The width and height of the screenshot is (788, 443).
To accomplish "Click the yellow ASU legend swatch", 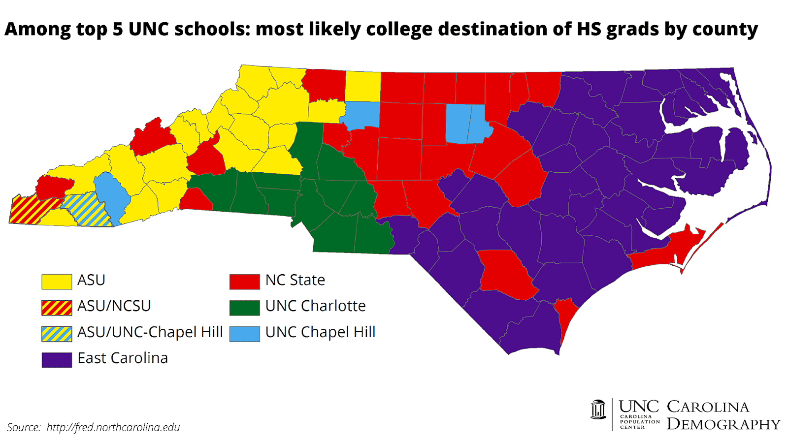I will point(57,282).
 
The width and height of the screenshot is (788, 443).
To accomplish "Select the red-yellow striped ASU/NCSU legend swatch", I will point(57,308).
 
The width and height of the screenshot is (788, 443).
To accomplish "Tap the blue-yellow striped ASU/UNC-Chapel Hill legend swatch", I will point(57,334).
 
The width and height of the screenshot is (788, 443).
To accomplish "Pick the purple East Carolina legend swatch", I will point(57,360).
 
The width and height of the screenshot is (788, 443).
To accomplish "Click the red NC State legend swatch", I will point(245,282).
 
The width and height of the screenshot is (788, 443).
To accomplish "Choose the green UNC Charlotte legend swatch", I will point(245,308).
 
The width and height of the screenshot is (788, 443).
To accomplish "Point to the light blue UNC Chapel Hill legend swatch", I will point(245,334).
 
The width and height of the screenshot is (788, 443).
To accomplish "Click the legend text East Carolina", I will point(123,358).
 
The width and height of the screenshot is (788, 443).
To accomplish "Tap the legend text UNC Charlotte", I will point(315,306).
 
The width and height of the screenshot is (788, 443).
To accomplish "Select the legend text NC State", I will point(295,280).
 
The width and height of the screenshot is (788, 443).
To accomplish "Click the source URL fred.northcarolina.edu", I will point(113,427).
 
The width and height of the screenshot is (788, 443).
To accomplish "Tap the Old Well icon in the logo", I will point(598,410).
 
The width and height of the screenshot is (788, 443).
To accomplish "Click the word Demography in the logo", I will point(723,424).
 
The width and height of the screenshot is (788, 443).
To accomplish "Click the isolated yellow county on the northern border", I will point(362,87).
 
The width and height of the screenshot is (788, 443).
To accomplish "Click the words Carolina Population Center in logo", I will point(639,422).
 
